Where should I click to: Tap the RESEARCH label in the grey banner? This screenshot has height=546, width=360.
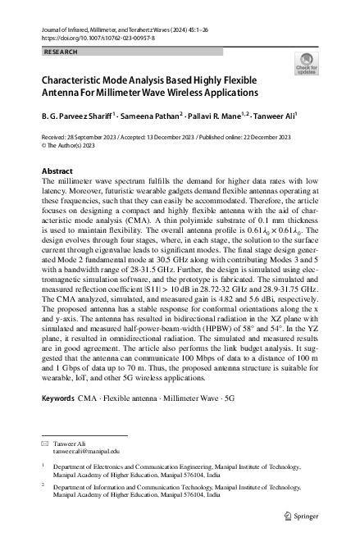pyautogui.click(x=61, y=51)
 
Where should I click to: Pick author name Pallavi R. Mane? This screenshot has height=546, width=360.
pyautogui.click(x=219, y=116)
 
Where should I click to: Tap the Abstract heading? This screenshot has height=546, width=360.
pyautogui.click(x=57, y=172)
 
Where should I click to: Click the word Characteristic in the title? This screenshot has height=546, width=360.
pyautogui.click(x=74, y=80)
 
